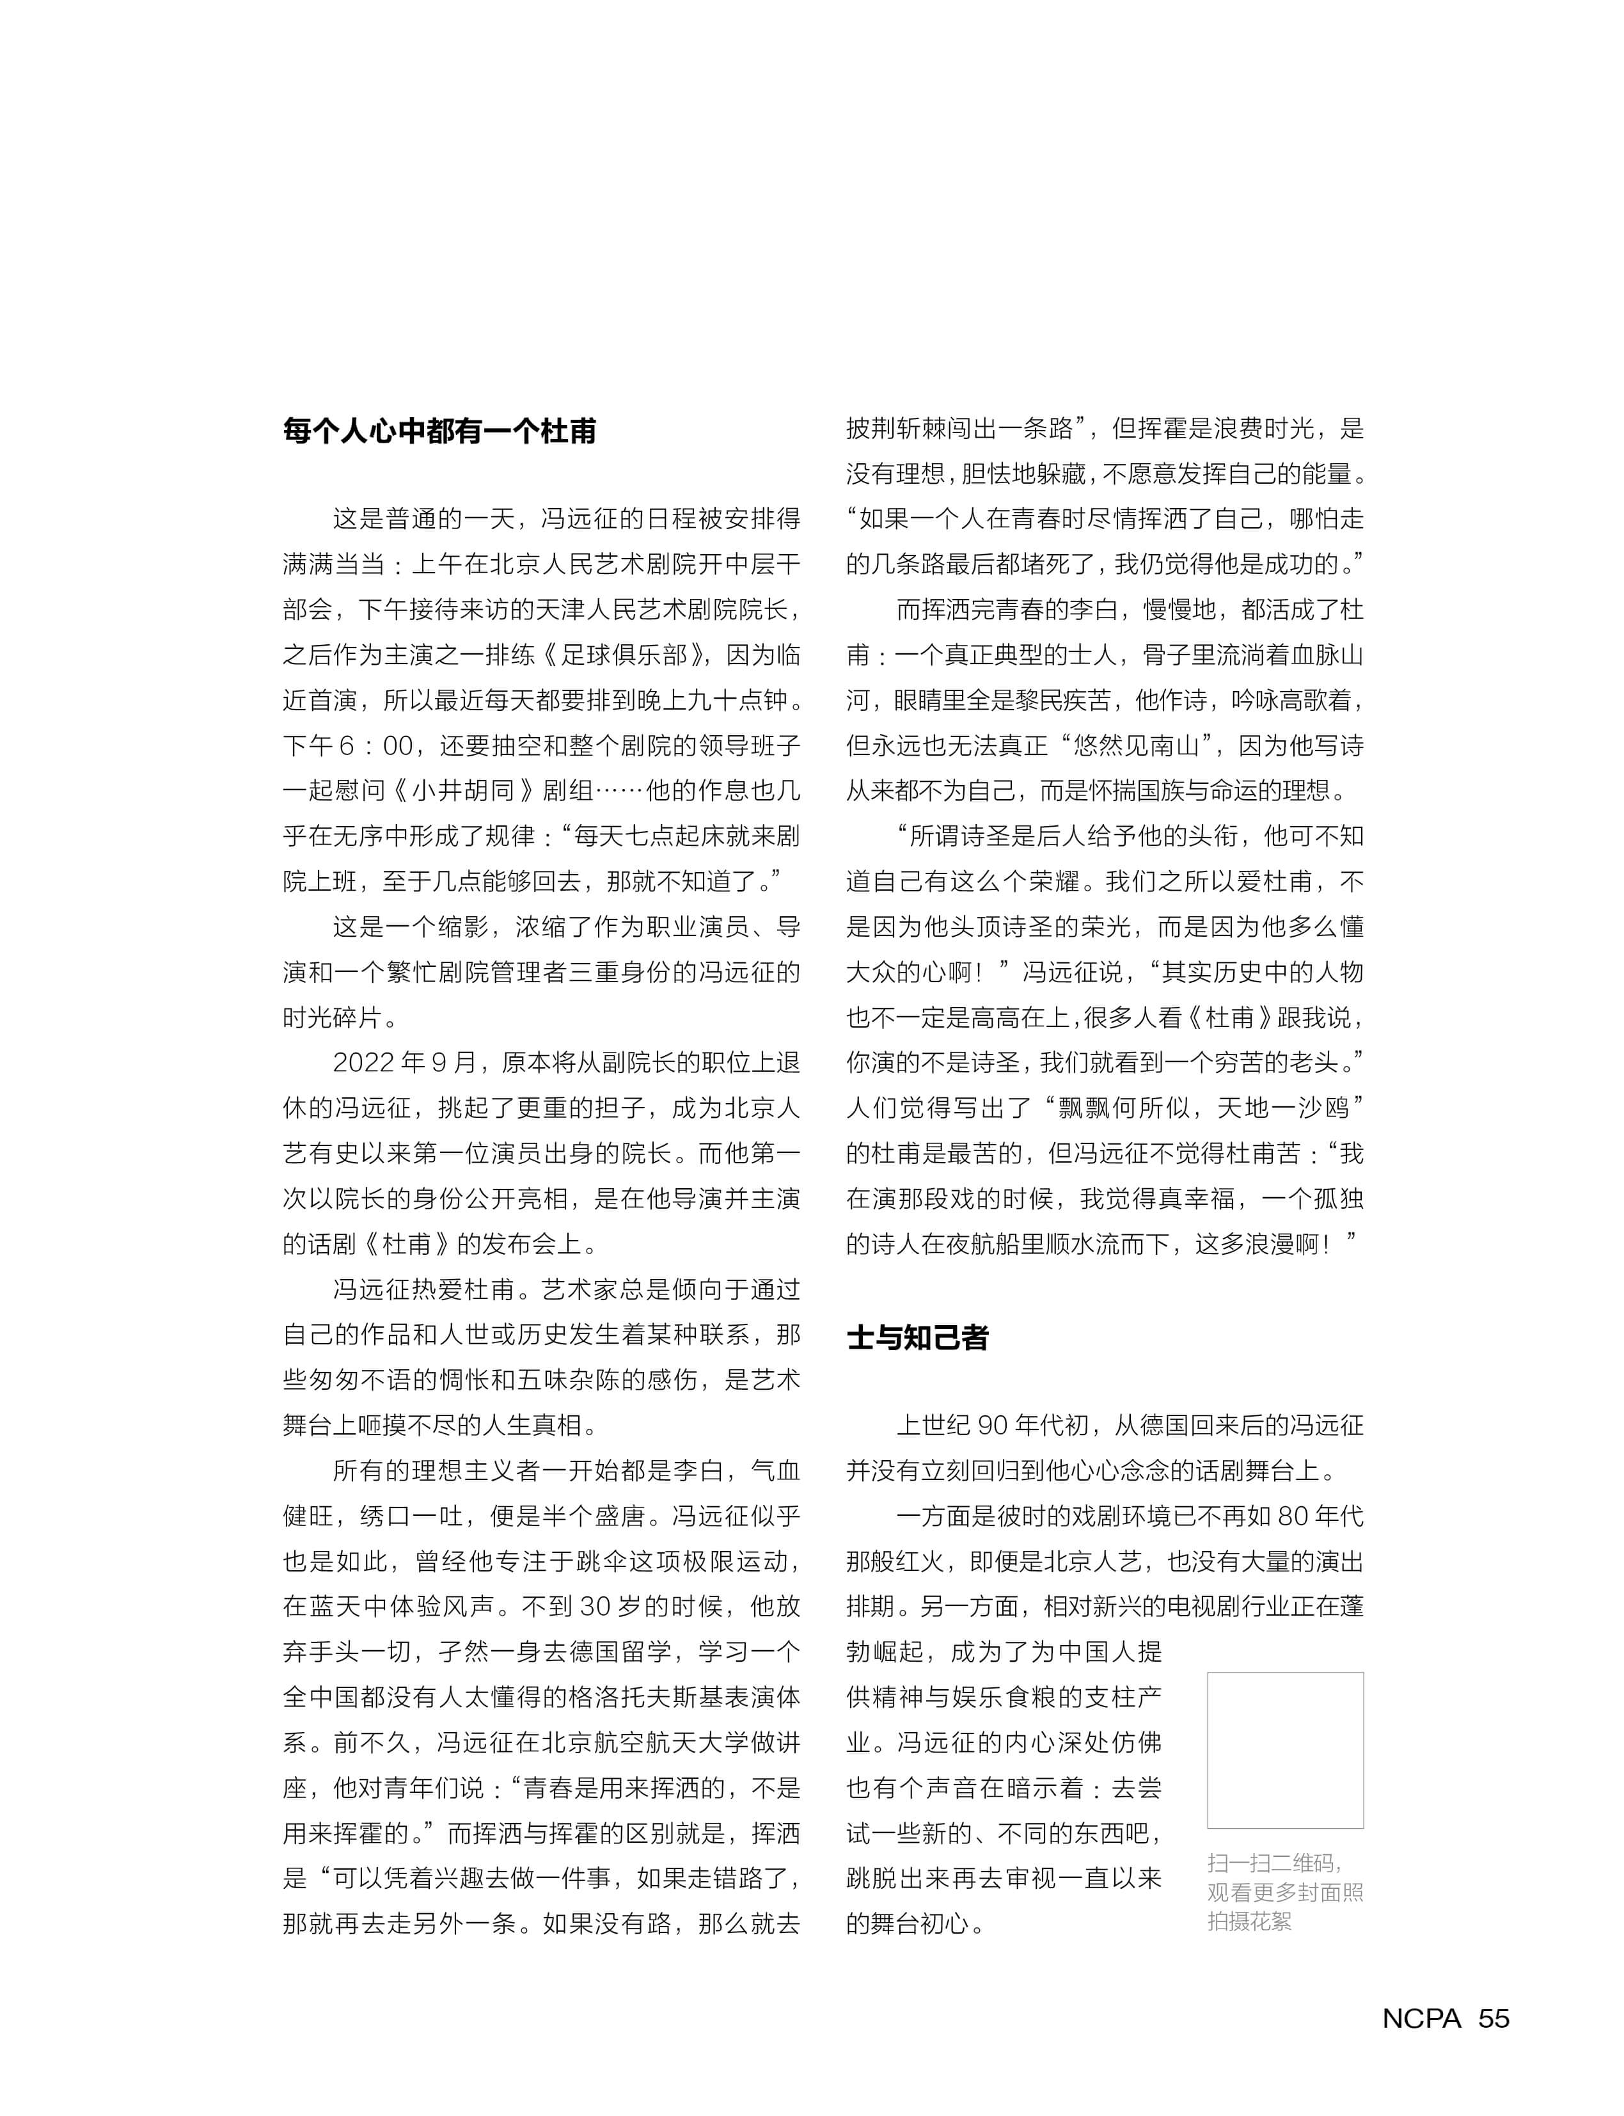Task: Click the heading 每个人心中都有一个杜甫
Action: tap(440, 431)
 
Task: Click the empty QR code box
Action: tap(1285, 1751)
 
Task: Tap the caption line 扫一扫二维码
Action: tap(1274, 1863)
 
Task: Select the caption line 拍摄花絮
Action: tap(1249, 1921)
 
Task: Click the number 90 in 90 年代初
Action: tap(993, 1426)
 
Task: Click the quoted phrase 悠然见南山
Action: tap(1130, 745)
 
